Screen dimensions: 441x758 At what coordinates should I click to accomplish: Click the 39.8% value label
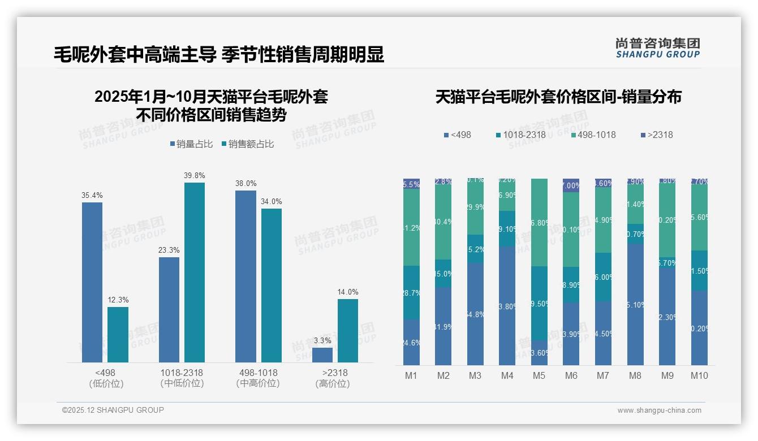click(194, 175)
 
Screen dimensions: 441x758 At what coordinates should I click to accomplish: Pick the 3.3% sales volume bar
click(322, 354)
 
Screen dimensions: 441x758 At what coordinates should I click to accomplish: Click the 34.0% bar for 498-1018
click(272, 285)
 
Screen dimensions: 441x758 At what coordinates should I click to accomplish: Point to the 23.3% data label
click(169, 250)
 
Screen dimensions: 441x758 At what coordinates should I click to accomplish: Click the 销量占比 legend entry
click(191, 144)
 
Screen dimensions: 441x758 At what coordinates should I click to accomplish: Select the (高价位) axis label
click(333, 384)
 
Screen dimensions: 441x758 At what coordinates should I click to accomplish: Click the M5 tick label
click(539, 375)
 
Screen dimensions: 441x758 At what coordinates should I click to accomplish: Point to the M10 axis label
click(699, 375)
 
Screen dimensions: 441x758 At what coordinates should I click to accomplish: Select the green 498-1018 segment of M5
click(539, 222)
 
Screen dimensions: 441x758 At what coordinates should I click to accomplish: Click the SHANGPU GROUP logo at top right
click(657, 48)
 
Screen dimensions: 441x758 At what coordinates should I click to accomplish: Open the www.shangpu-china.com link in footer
click(659, 410)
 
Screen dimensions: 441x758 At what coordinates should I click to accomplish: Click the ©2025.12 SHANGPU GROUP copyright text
click(113, 410)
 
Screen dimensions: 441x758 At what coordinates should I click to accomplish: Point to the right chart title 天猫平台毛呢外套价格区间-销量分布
click(558, 97)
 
